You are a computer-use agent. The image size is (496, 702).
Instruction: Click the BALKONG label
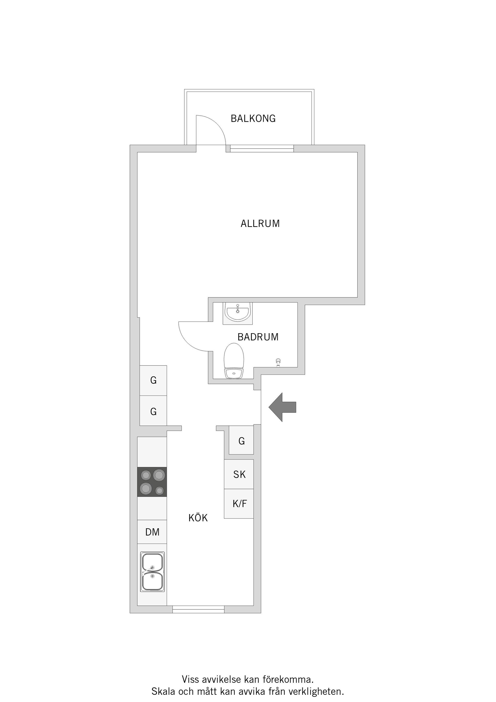click(253, 118)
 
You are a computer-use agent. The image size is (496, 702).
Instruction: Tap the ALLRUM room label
click(260, 224)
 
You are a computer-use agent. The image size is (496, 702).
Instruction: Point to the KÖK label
click(198, 518)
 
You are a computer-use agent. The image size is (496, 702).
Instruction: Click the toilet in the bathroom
click(234, 361)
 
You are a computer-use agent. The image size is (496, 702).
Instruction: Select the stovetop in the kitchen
click(152, 482)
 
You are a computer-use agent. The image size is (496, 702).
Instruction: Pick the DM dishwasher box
click(152, 532)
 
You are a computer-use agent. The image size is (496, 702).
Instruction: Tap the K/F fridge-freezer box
click(239, 503)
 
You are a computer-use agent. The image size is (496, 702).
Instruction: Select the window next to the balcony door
click(262, 149)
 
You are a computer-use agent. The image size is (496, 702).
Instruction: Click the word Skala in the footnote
click(164, 691)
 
